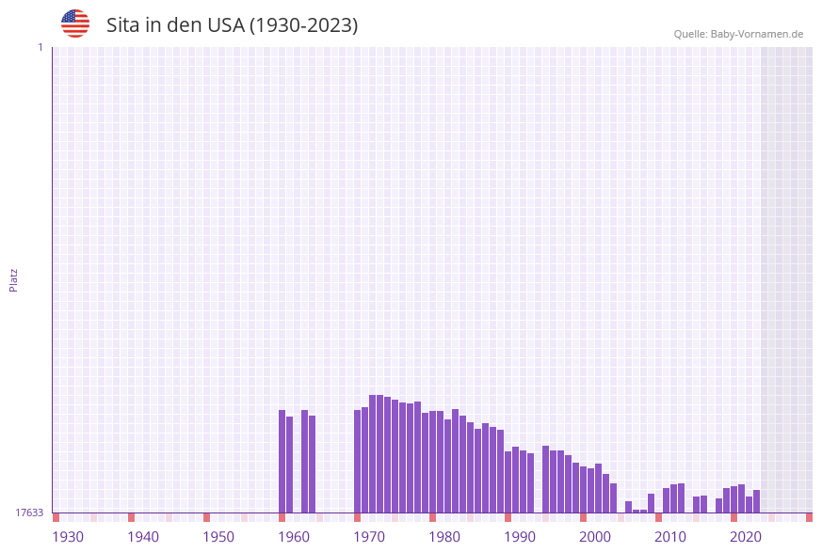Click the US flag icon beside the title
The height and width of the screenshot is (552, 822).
pos(75,24)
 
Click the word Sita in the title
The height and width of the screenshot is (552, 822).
pos(122,25)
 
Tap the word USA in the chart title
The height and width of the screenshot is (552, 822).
pos(223,25)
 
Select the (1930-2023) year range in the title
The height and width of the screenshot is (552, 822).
pos(303,25)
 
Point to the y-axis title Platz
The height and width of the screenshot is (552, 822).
pos(14,279)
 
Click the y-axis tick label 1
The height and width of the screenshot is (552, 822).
pos(40,47)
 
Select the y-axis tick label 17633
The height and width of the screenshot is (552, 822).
pos(29,513)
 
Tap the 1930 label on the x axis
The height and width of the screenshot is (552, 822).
pos(68,537)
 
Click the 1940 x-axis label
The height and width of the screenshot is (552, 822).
pos(143,537)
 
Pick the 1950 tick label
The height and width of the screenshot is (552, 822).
pos(218,537)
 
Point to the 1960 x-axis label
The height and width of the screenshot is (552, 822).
pos(294,537)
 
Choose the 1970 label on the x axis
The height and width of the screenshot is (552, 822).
pos(369,537)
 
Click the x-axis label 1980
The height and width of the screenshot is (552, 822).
pos(444,537)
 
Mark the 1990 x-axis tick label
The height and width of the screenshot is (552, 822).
pos(520,537)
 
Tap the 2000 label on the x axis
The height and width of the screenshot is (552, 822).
pos(595,537)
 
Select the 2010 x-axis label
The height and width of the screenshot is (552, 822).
pos(670,537)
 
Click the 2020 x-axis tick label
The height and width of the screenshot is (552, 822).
pos(746,537)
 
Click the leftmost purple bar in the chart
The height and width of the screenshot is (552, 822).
pos(282,461)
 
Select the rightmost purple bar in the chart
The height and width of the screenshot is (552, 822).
pos(756,501)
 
